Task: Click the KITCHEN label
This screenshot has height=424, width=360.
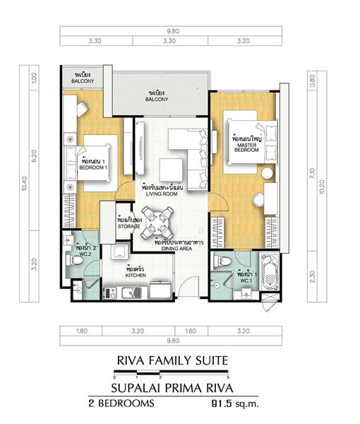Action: (136, 273)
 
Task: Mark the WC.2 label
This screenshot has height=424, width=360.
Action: (85, 252)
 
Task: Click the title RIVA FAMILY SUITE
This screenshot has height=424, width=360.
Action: (172, 360)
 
